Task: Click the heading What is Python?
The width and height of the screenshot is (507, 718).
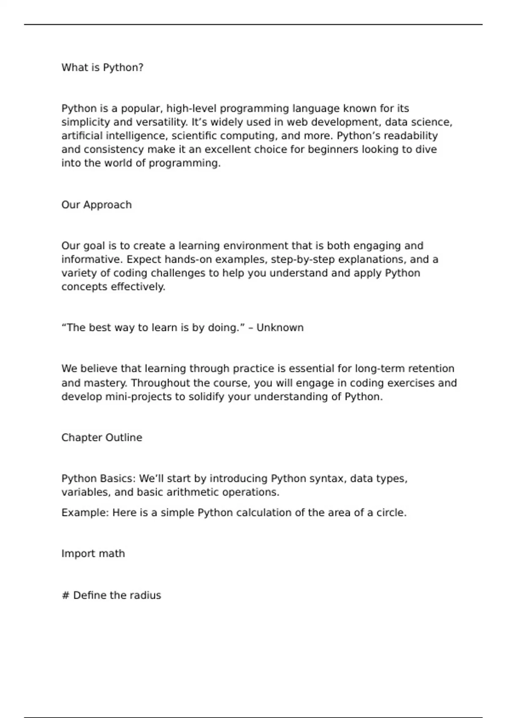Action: coord(102,68)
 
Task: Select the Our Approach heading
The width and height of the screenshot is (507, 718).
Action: coord(96,205)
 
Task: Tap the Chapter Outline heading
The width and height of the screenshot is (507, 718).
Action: coord(101,438)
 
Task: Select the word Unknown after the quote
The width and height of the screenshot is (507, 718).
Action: coord(280,328)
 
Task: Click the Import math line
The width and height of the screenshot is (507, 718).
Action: coord(93,554)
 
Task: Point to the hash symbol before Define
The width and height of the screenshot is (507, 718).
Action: coord(65,596)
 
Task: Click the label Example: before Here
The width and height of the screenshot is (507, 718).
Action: coord(85,513)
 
